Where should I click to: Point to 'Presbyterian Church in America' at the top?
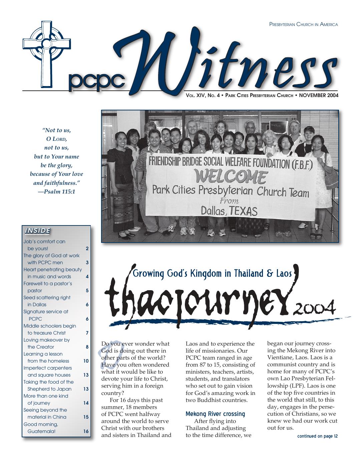pos(304,24)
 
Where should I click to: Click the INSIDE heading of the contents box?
pos(37,230)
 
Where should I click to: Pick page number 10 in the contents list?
pos(86,361)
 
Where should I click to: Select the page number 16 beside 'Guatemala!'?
pos(86,431)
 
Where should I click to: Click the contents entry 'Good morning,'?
pos(41,424)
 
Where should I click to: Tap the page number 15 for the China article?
pos(86,417)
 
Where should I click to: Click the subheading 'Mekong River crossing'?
pos(215,414)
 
